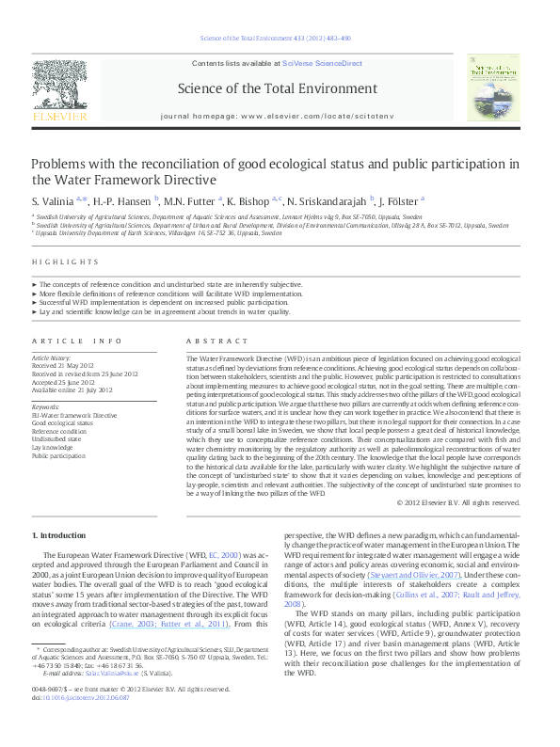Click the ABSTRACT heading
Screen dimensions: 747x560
(x=205, y=341)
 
